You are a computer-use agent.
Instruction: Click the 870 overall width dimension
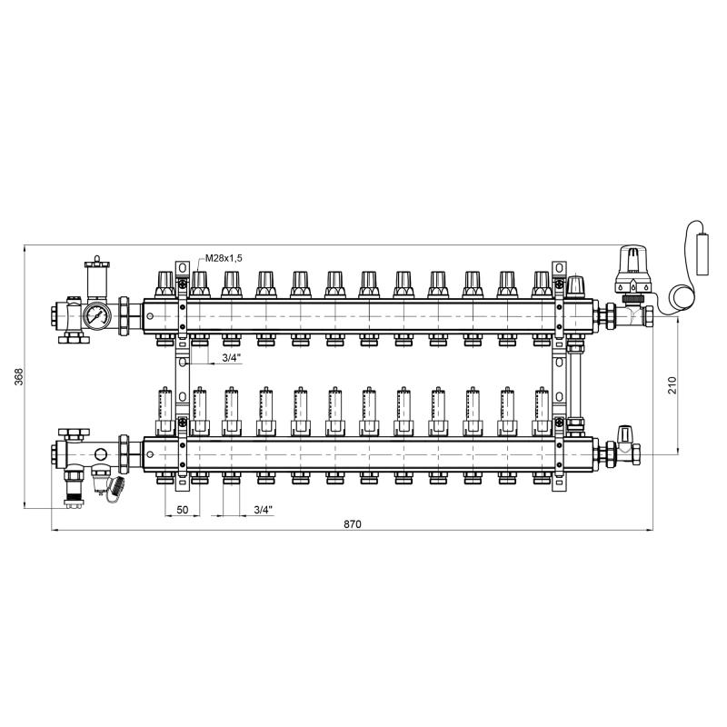click(x=353, y=524)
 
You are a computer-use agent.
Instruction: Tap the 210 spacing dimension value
click(x=672, y=385)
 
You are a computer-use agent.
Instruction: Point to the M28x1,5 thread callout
click(x=224, y=258)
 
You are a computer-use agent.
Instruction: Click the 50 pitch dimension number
click(x=183, y=510)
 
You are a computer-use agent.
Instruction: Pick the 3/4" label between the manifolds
click(x=232, y=357)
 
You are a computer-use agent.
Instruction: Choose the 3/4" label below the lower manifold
click(x=263, y=510)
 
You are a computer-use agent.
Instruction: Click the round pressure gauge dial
click(x=97, y=315)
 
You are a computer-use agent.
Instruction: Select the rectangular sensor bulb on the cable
click(x=702, y=254)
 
